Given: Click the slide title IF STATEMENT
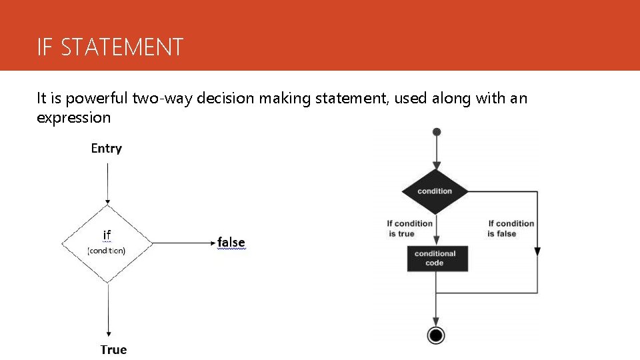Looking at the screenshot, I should [x=110, y=47].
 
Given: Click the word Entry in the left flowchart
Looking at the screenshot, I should [x=107, y=148].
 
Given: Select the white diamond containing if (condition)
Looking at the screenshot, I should [x=107, y=243].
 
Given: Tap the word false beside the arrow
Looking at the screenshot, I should [x=231, y=243].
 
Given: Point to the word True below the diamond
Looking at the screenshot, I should [x=113, y=349].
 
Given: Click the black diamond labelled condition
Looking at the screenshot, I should [x=435, y=191].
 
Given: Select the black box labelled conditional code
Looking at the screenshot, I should [x=435, y=258].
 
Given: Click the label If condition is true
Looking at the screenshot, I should [x=410, y=229].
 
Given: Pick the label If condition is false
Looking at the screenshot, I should [x=511, y=229].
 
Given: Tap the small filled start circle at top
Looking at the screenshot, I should [x=437, y=132].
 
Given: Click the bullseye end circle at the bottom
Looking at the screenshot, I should [x=436, y=335].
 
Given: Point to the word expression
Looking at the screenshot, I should [x=73, y=118].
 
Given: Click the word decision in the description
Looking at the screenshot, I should [x=220, y=99].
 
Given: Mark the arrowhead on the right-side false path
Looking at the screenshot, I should [x=537, y=252].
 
